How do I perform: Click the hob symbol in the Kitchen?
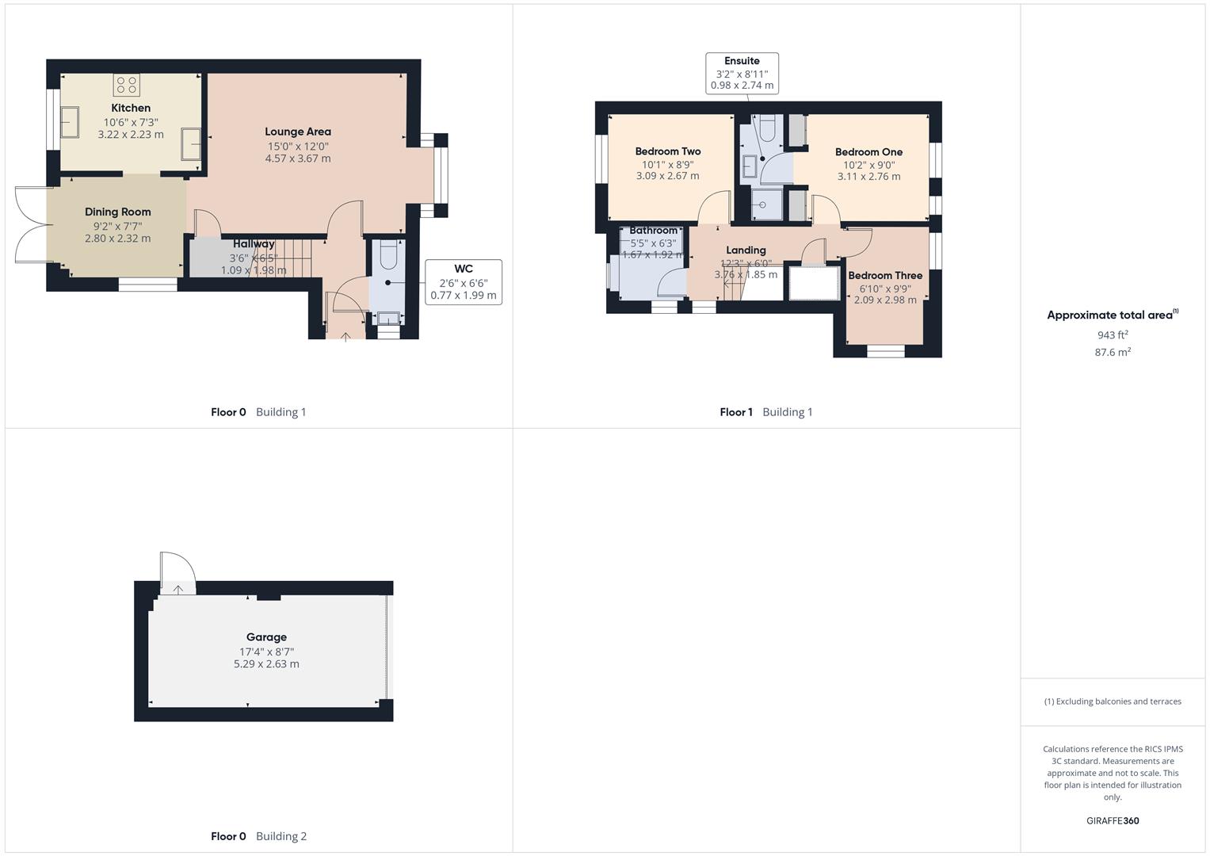[126, 85]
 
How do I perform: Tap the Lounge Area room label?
[298, 132]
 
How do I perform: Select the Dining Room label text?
[118, 212]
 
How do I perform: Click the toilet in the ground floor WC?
[387, 255]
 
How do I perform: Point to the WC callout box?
[463, 282]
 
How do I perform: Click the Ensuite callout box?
[742, 73]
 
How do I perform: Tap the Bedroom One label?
[868, 152]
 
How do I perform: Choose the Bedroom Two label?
[668, 151]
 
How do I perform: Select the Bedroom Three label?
[885, 276]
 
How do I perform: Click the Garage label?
[266, 637]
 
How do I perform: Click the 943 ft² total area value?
[1113, 335]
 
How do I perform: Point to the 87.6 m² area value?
[1113, 353]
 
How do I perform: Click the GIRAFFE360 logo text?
[1113, 821]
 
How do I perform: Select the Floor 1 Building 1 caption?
[765, 412]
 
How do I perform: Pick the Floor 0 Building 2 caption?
[258, 836]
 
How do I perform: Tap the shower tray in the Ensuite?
[765, 204]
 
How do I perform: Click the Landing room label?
[746, 250]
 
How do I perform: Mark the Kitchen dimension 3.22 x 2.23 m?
[131, 135]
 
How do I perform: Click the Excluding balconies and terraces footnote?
[1113, 701]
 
